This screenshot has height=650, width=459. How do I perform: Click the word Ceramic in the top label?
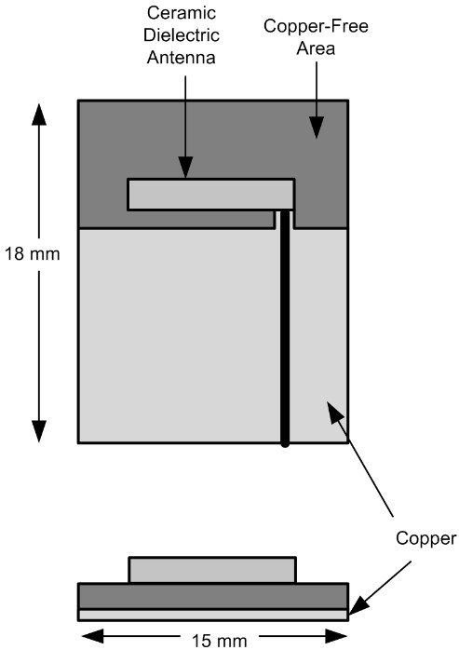coord(182,13)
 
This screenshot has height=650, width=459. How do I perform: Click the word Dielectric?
coord(182,34)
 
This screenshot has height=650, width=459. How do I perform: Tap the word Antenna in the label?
coord(182,57)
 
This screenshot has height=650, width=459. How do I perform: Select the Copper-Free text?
coord(316,26)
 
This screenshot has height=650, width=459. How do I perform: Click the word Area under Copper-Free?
coord(316,48)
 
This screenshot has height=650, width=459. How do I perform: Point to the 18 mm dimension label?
coord(32,253)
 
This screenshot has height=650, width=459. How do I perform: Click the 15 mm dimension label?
coord(220,641)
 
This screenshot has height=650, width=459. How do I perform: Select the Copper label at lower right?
coord(425,538)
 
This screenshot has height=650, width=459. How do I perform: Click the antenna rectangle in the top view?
coord(211,195)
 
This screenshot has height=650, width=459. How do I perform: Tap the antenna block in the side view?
coord(212,570)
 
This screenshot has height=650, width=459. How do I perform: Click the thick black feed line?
coord(285,328)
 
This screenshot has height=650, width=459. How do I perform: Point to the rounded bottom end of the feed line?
coord(285,444)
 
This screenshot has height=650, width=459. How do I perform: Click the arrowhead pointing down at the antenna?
coord(185,167)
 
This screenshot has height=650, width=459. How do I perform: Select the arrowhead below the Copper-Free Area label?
coord(317,127)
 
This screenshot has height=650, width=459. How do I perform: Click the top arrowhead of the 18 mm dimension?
coord(39,114)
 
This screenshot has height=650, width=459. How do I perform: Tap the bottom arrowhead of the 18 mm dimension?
coord(39,431)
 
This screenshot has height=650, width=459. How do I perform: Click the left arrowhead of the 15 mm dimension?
coord(90,636)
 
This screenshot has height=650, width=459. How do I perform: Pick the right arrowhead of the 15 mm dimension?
coord(336,636)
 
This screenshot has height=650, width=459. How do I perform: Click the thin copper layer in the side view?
coord(213,615)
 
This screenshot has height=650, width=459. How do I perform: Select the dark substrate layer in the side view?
coord(213,596)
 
